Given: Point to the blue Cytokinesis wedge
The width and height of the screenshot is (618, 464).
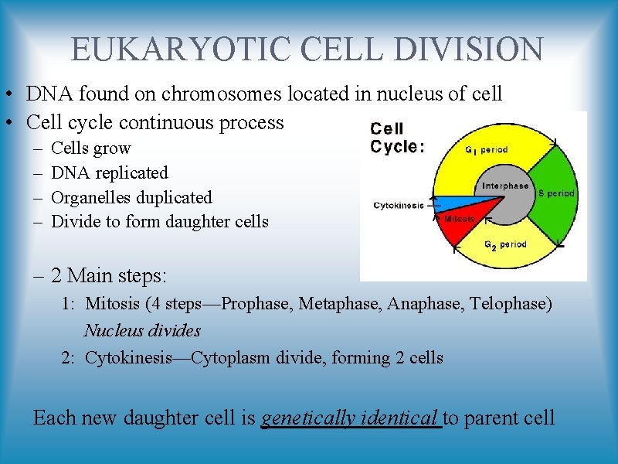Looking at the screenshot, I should (x=444, y=203).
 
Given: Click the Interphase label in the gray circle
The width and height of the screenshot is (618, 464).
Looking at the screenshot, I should (x=505, y=186).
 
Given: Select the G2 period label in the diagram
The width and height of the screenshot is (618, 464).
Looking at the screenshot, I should (x=505, y=244).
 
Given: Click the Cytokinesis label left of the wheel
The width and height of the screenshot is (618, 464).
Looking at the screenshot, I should (x=399, y=206).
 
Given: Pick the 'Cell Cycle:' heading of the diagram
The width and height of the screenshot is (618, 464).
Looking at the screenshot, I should (x=397, y=138).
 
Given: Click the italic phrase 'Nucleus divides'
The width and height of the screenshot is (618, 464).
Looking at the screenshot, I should (x=142, y=331).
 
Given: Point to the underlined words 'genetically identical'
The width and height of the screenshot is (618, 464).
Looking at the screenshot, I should (x=351, y=418).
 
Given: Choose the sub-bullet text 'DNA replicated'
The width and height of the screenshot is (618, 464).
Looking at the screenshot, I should (x=109, y=172).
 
